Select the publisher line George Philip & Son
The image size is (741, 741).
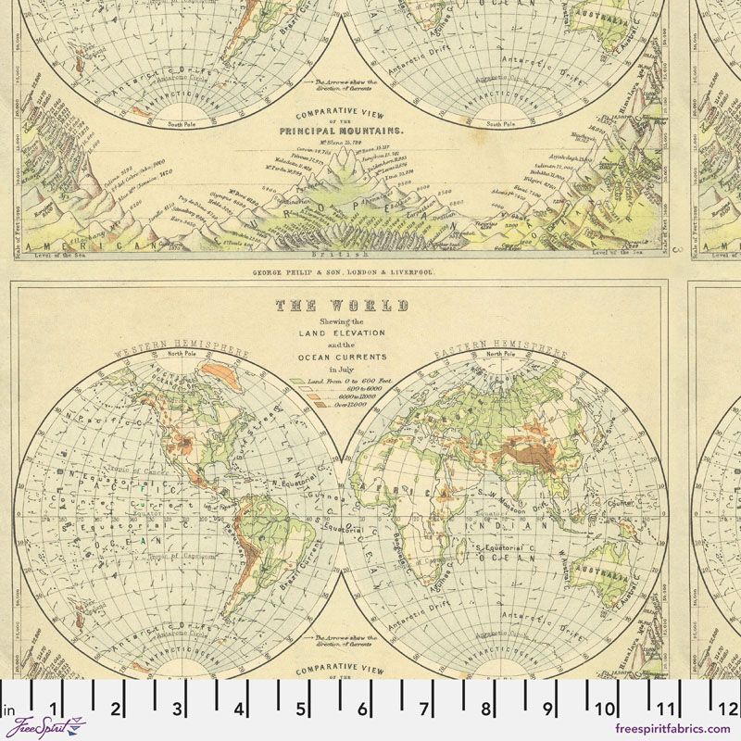pos(343,273)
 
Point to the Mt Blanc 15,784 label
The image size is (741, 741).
pos(338,143)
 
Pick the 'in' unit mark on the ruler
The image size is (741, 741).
pos(10,711)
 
